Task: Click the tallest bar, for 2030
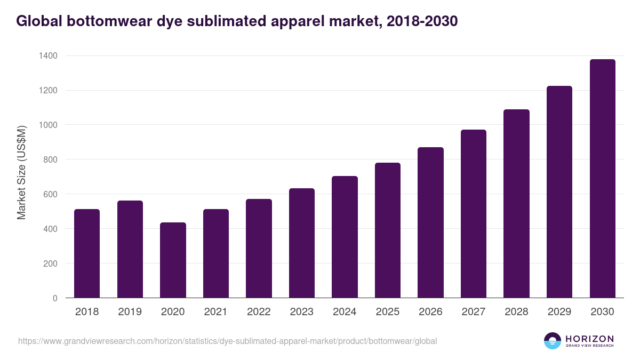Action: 602,179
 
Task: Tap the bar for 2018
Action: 87,253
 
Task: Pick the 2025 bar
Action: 388,230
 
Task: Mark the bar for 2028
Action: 516,204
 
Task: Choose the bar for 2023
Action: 302,243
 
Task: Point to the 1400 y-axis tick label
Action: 48,56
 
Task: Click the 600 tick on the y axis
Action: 51,194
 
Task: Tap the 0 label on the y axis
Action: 55,298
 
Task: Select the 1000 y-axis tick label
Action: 48,125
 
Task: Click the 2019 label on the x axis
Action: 130,312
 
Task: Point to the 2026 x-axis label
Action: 430,312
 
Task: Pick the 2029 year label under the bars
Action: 559,312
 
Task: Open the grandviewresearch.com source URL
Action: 228,341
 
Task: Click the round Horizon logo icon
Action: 553,341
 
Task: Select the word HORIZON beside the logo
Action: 589,338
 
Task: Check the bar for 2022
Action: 259,249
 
